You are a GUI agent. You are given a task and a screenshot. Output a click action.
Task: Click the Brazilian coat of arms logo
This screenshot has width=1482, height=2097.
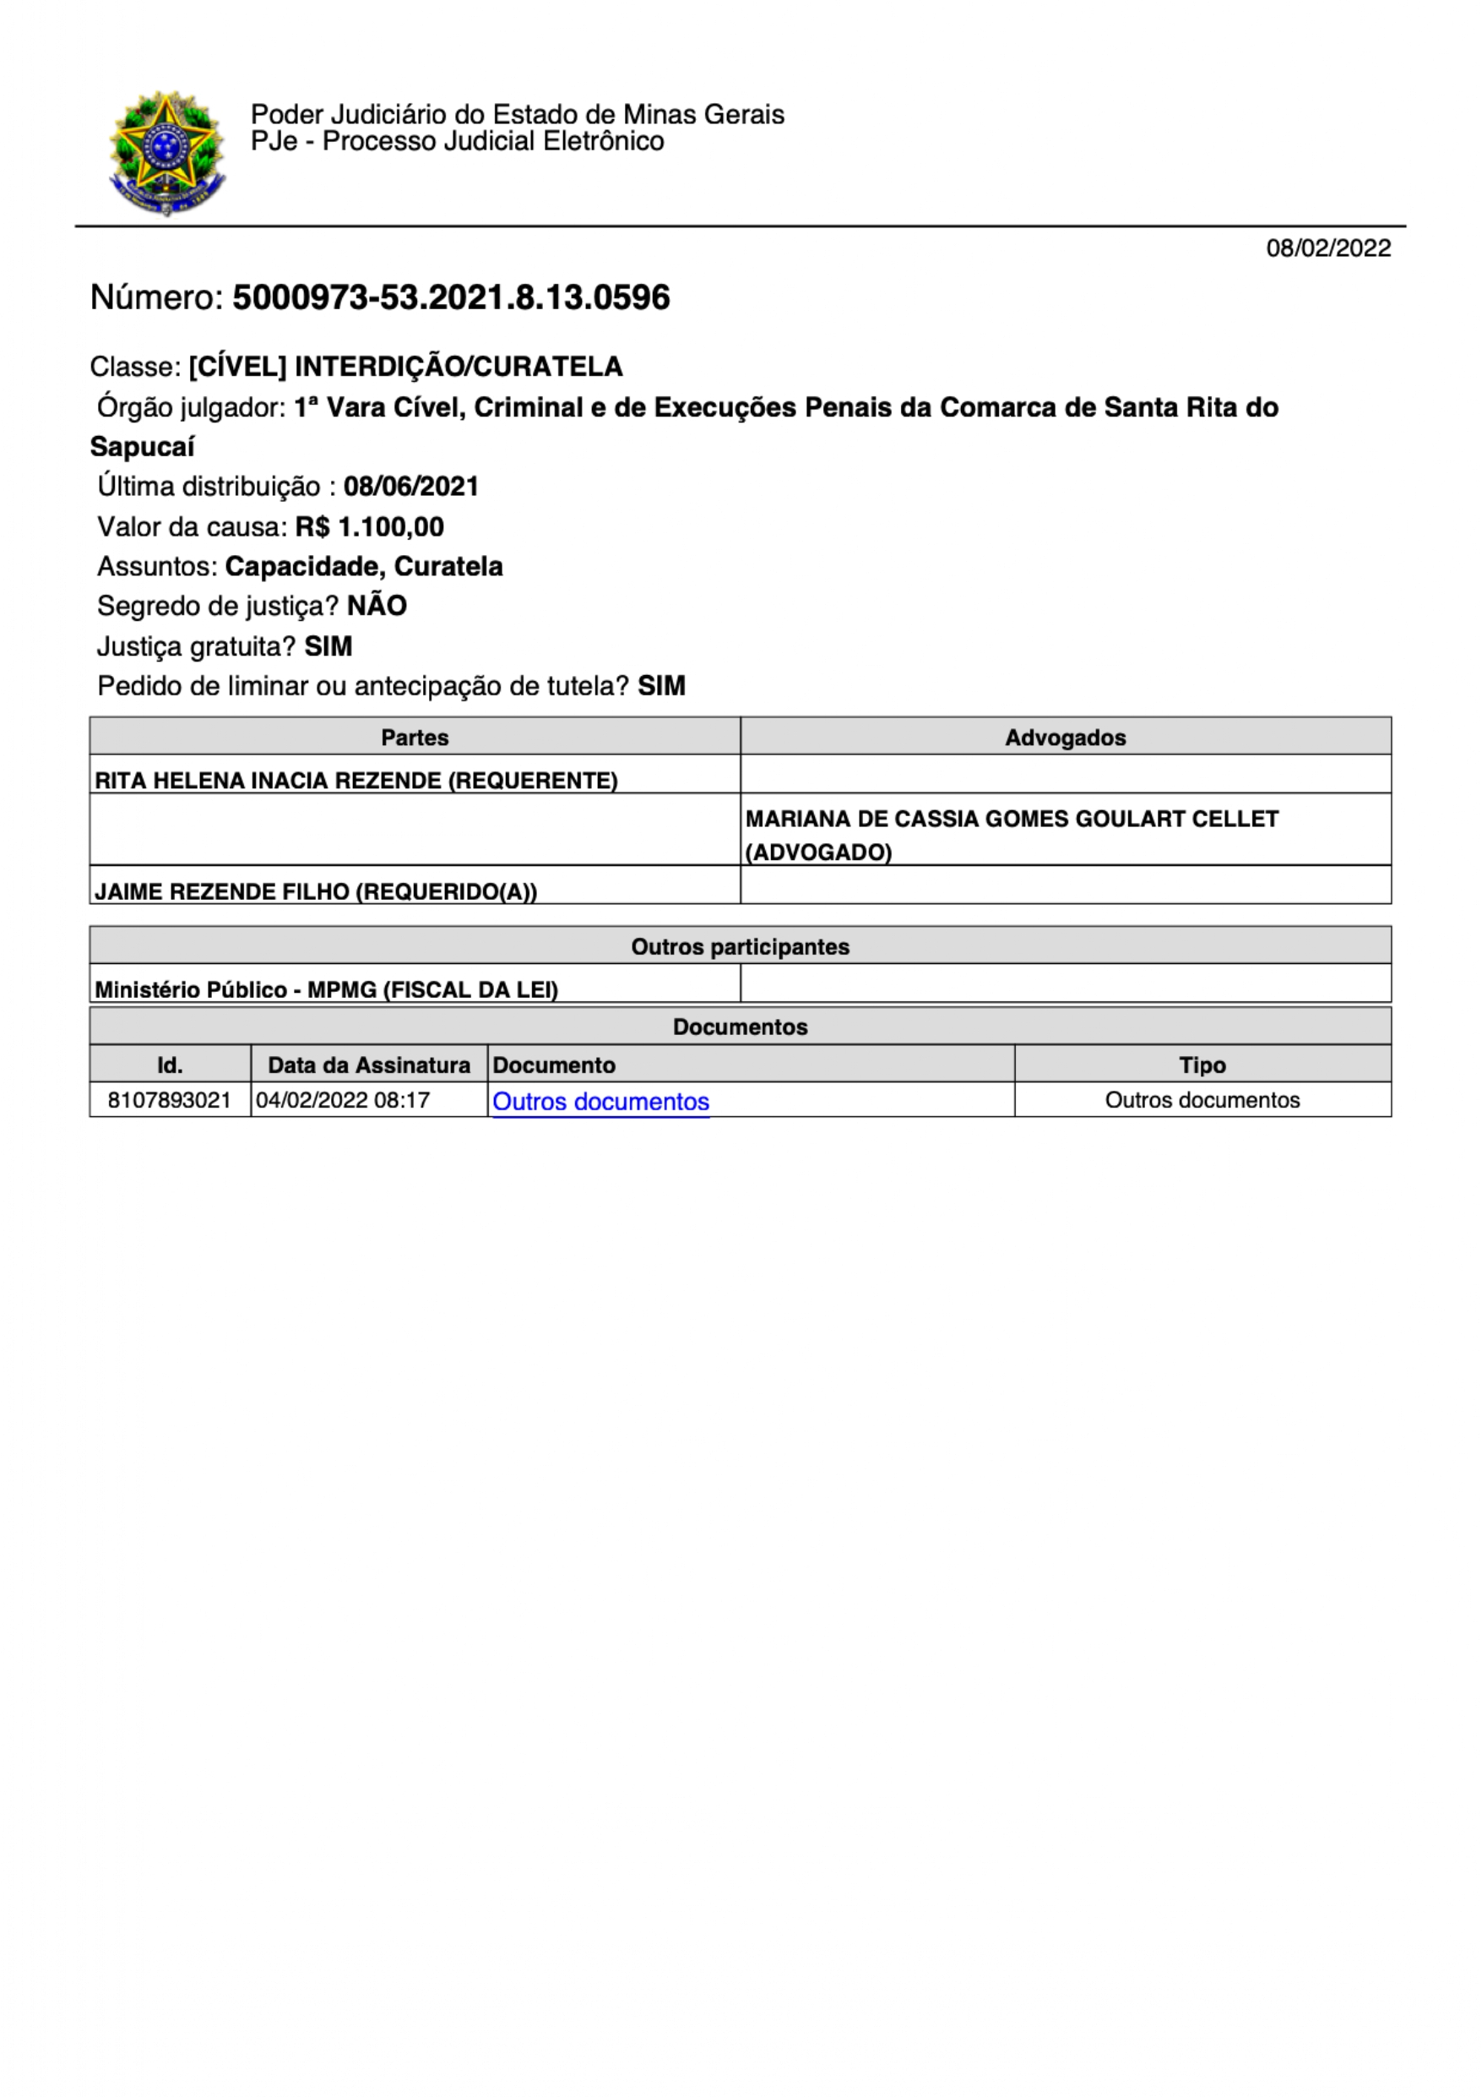point(166,153)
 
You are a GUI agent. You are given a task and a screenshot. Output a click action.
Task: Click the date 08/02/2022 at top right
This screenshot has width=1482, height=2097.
point(1327,248)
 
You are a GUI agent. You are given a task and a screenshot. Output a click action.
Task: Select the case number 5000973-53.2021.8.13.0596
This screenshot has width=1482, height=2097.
point(451,297)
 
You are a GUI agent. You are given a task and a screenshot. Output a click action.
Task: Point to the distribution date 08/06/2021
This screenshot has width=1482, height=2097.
point(411,486)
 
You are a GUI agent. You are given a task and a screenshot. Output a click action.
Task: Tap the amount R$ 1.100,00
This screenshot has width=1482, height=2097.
point(370,527)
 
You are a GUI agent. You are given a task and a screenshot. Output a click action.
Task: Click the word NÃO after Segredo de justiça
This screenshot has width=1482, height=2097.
point(377,606)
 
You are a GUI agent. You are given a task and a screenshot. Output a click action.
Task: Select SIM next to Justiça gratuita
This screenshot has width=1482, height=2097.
point(328,646)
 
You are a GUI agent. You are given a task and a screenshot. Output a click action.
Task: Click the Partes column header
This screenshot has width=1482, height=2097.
point(415,737)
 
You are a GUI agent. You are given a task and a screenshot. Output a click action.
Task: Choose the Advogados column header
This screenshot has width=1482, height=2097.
point(1065,737)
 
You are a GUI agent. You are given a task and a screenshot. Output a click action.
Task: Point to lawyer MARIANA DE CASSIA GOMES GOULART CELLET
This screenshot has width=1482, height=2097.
point(1011,820)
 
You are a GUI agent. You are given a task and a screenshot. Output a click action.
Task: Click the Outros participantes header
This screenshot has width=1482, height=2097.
point(740,946)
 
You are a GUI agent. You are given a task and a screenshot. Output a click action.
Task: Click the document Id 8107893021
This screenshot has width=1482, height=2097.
point(170,1100)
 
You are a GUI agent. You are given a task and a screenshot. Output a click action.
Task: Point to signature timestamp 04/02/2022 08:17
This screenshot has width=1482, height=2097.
point(342,1100)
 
